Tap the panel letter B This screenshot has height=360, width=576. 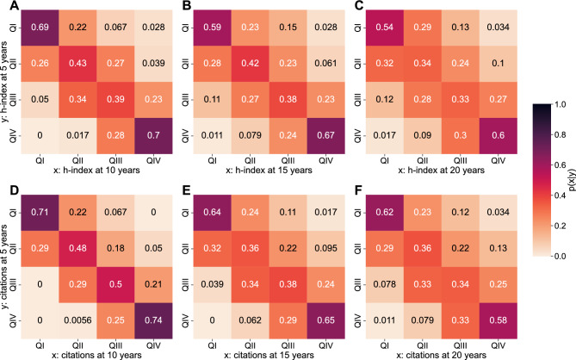(179, 6)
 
